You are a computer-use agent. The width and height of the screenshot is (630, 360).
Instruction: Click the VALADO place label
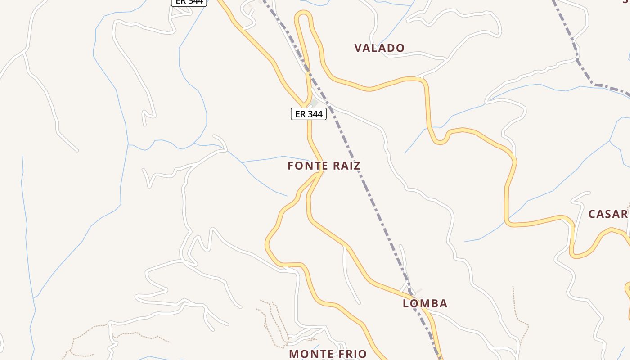point(379,48)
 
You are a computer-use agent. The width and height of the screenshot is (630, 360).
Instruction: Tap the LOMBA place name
point(425,303)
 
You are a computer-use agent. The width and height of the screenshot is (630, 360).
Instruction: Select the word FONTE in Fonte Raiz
point(307,166)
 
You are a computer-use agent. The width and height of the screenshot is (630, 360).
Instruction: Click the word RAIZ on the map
point(346,166)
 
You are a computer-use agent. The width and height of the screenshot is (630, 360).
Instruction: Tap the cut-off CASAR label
point(609,214)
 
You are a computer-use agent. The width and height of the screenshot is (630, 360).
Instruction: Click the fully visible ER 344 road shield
point(309,114)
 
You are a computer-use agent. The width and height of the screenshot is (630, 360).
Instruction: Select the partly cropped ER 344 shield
point(189,2)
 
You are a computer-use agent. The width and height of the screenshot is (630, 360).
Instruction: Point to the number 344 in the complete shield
point(315,114)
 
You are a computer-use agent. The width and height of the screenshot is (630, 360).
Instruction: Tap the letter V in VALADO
point(358,48)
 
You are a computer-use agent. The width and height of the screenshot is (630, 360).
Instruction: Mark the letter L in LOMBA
point(406,303)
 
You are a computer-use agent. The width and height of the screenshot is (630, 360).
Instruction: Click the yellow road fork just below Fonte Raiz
point(320,173)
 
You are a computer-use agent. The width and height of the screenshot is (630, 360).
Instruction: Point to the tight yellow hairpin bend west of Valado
point(303,14)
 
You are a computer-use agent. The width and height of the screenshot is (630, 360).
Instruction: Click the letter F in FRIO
point(339,354)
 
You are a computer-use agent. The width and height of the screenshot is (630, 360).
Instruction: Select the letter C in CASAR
point(592,214)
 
